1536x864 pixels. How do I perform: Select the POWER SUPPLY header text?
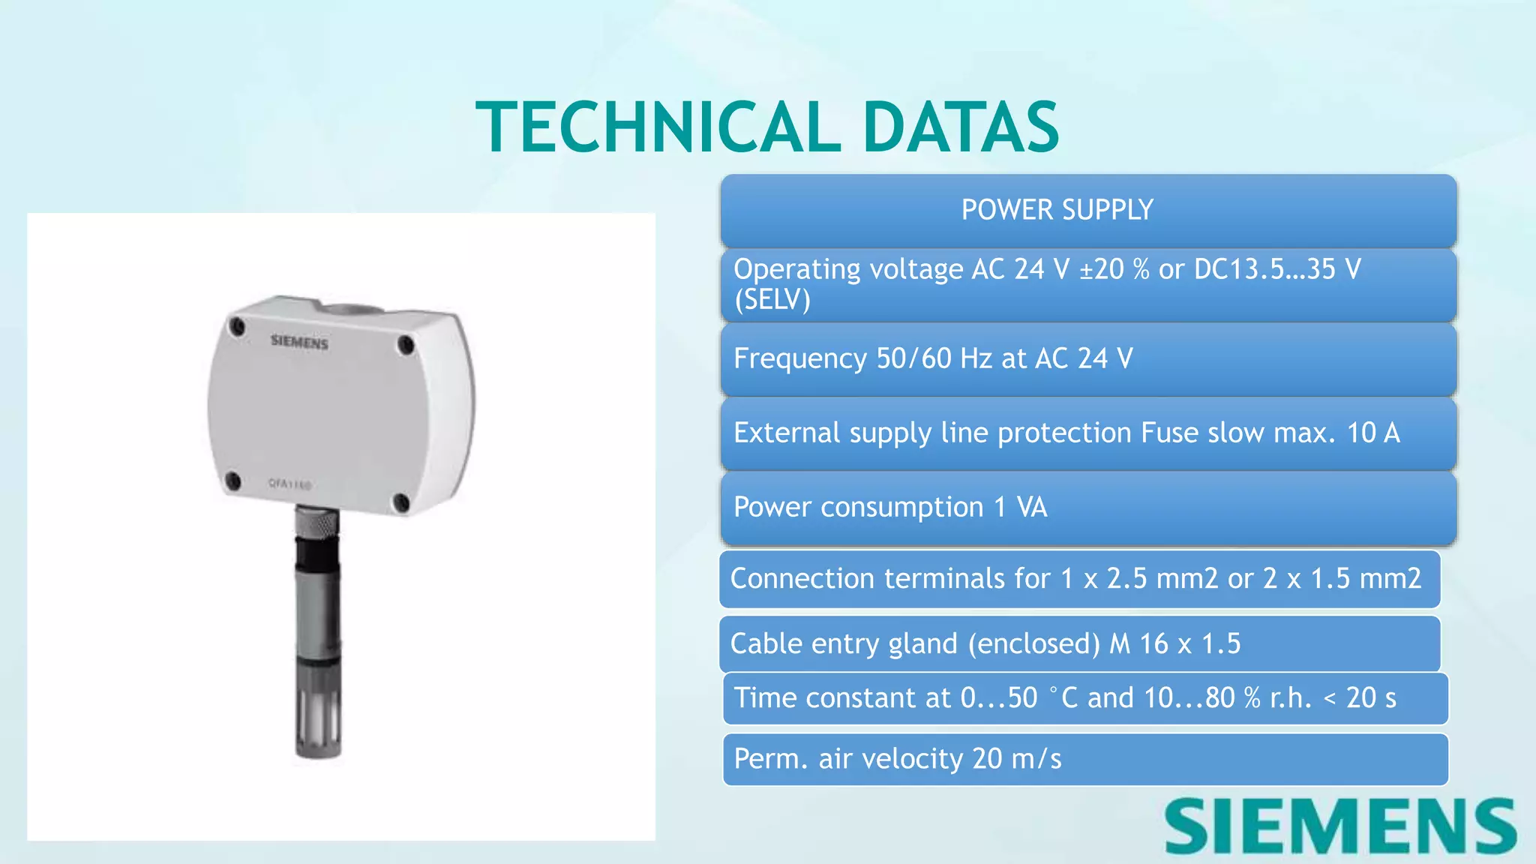pos(1057,210)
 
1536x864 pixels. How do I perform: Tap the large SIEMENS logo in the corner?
pos(1340,826)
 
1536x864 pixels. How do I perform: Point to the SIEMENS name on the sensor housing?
pos(299,342)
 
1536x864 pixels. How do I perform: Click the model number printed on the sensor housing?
pos(289,484)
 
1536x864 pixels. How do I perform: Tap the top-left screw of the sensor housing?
pos(238,326)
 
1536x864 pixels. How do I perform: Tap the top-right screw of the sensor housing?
pos(406,346)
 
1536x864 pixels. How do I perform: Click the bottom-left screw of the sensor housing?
pos(233,481)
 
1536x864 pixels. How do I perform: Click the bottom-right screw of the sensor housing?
pos(402,502)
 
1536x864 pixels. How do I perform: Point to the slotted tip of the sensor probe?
pos(319,720)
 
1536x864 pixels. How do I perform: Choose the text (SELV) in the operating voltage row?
pos(772,300)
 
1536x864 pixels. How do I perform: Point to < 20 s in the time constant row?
pos(1360,698)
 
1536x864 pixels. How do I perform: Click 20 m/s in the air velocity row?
pos(1016,759)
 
